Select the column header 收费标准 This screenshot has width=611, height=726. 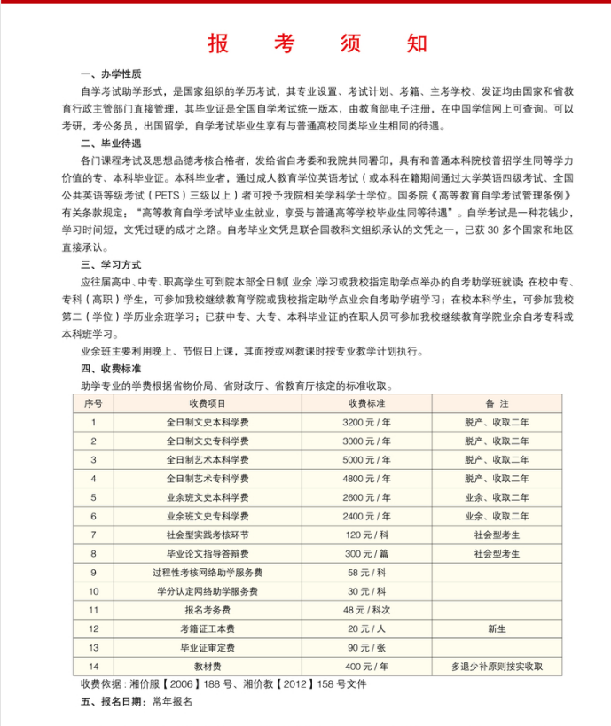point(366,403)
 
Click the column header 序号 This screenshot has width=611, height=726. point(92,403)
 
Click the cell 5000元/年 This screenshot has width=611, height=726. point(366,459)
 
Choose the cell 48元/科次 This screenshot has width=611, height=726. point(366,609)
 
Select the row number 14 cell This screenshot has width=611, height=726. point(92,665)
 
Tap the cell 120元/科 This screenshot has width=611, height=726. point(366,535)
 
